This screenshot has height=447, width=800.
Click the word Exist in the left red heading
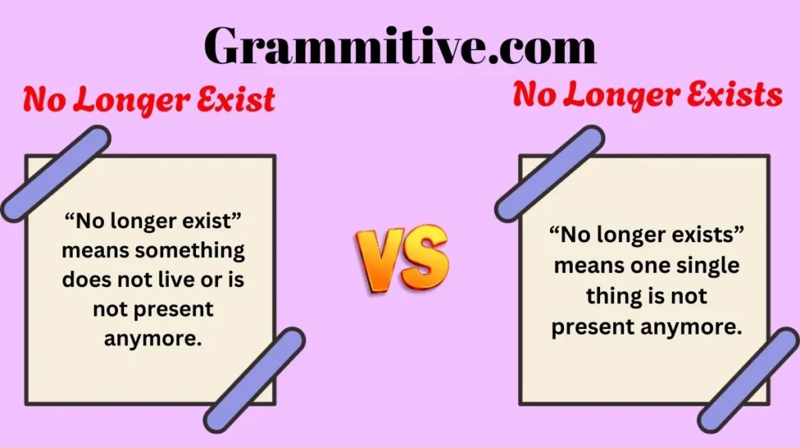click(x=237, y=100)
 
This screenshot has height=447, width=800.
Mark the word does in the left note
click(x=86, y=280)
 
